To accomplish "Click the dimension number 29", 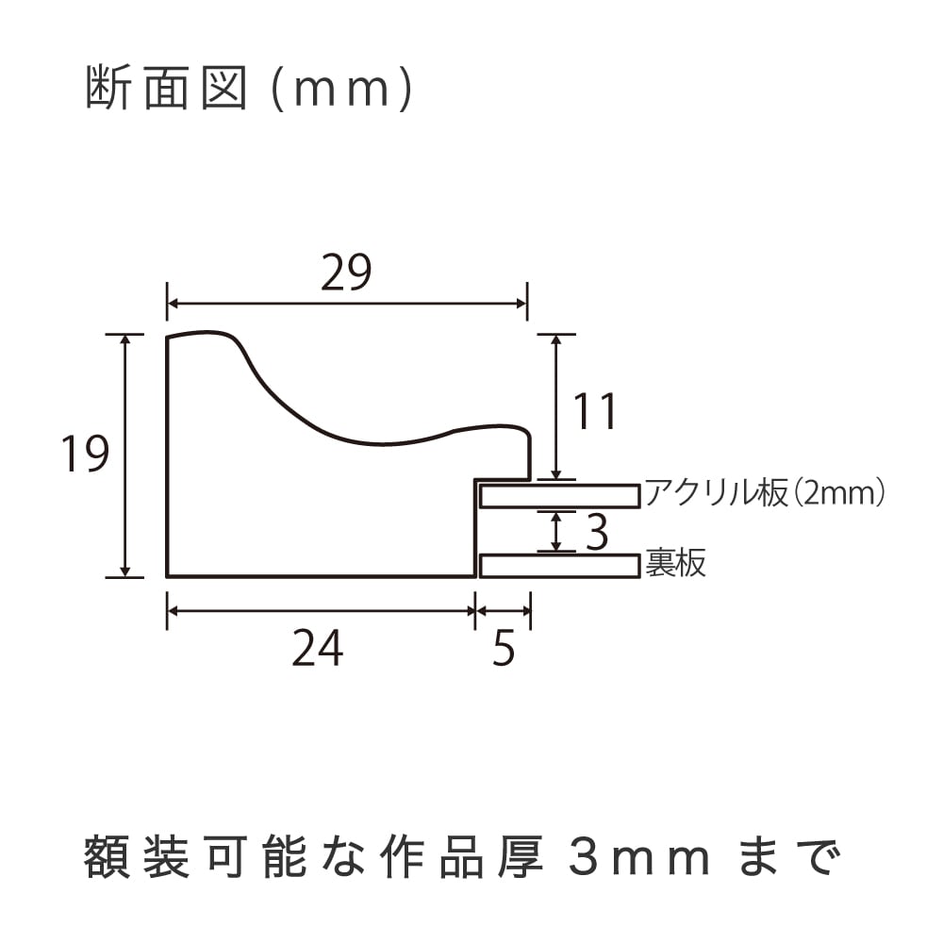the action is pyautogui.click(x=346, y=273).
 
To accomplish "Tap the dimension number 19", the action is pyautogui.click(x=86, y=454).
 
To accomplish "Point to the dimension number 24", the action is pyautogui.click(x=318, y=649).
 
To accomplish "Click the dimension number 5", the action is pyautogui.click(x=504, y=649).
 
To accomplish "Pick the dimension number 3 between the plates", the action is pyautogui.click(x=597, y=532).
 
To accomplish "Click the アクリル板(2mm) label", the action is pyautogui.click(x=765, y=493).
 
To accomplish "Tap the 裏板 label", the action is pyautogui.click(x=675, y=564).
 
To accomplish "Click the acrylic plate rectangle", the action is pyautogui.click(x=560, y=496).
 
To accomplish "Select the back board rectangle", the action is pyautogui.click(x=560, y=567).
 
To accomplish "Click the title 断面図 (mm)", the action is pyautogui.click(x=249, y=89).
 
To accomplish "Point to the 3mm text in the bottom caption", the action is pyautogui.click(x=639, y=858).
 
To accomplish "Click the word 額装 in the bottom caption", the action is pyautogui.click(x=136, y=857).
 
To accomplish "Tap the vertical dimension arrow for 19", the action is pyautogui.click(x=125, y=455).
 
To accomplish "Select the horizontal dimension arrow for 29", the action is pyautogui.click(x=347, y=303).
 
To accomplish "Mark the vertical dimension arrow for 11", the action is pyautogui.click(x=556, y=406).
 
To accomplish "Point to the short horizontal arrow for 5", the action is pyautogui.click(x=503, y=611).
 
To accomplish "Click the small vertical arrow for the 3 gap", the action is pyautogui.click(x=556, y=531).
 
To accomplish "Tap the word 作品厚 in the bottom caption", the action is pyautogui.click(x=462, y=857).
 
